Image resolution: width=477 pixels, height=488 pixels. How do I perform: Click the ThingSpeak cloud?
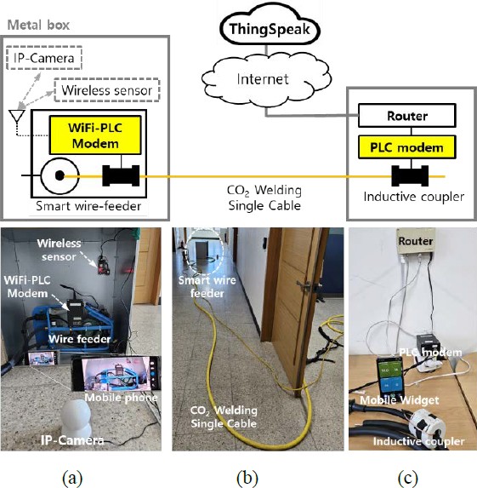point(270,30)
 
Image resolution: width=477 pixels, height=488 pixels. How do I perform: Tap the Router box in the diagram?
point(407,116)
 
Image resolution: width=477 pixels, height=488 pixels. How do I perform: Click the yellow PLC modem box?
point(407,146)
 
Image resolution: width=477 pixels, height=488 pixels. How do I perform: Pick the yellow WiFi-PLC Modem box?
point(95,135)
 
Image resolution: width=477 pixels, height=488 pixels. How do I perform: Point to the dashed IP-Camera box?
point(44,58)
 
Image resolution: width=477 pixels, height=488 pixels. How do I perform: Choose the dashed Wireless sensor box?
point(107,90)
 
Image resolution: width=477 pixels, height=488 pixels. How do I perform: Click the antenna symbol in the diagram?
point(17,118)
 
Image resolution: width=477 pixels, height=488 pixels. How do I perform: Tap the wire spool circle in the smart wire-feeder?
point(60,175)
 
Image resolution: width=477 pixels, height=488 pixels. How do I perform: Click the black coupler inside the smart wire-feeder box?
point(121,175)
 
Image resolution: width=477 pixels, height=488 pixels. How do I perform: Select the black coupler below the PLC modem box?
point(410,176)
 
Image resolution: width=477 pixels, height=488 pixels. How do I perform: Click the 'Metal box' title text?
point(38,25)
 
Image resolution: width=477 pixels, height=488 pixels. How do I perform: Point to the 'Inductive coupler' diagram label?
point(414,197)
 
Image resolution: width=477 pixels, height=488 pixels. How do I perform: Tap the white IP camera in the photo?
point(76,419)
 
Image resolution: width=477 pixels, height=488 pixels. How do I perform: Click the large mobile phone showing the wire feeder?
point(116,374)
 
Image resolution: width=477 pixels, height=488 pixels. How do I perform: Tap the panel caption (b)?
point(247,478)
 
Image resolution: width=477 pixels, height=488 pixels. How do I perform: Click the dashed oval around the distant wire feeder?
point(206,253)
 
